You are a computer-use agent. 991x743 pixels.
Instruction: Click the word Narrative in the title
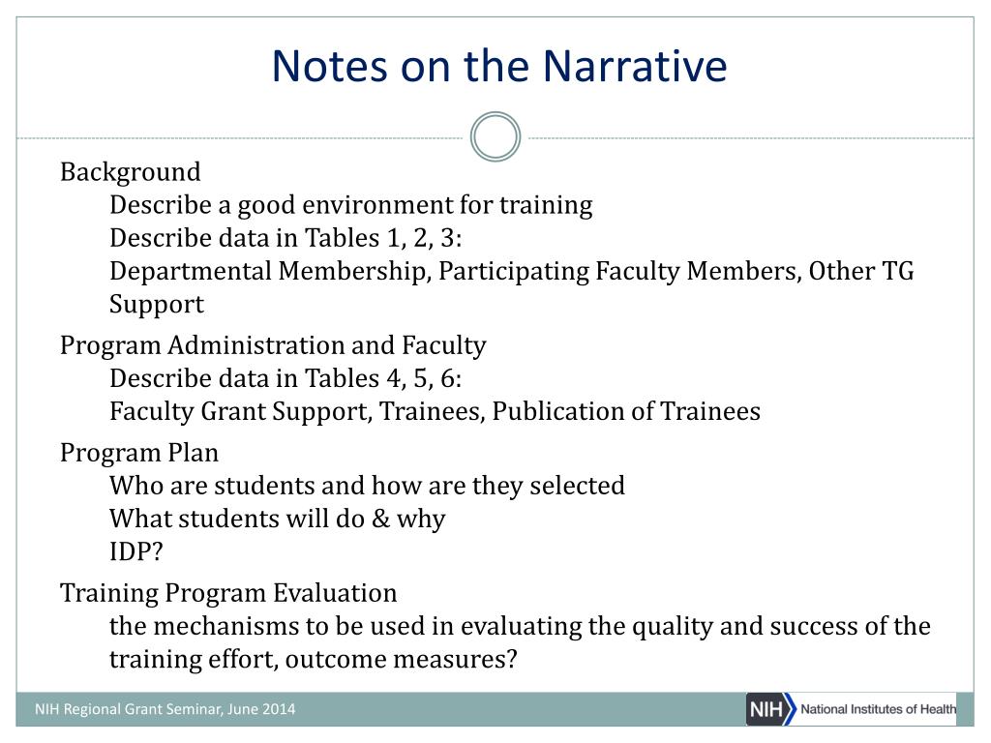[635, 66]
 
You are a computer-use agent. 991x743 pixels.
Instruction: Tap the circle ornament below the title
[495, 115]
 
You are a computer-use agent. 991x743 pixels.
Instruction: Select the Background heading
[131, 172]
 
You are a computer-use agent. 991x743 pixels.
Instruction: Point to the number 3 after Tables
[447, 238]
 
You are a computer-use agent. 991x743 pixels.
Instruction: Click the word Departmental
[191, 272]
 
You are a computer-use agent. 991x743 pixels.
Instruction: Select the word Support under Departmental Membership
[157, 305]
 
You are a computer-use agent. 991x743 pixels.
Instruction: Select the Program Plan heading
[139, 454]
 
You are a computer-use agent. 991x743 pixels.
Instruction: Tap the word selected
[577, 486]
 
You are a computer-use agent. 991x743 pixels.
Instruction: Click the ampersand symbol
[380, 519]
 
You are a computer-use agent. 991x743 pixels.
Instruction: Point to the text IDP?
[135, 551]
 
